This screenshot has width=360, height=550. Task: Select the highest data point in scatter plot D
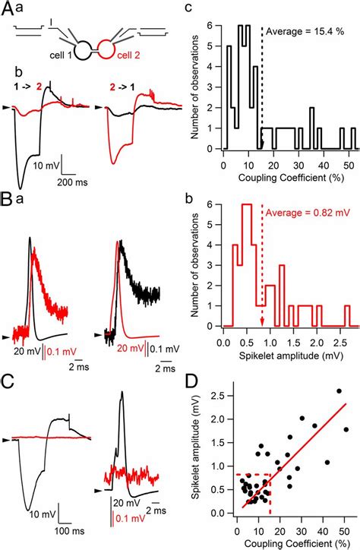click(339, 391)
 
